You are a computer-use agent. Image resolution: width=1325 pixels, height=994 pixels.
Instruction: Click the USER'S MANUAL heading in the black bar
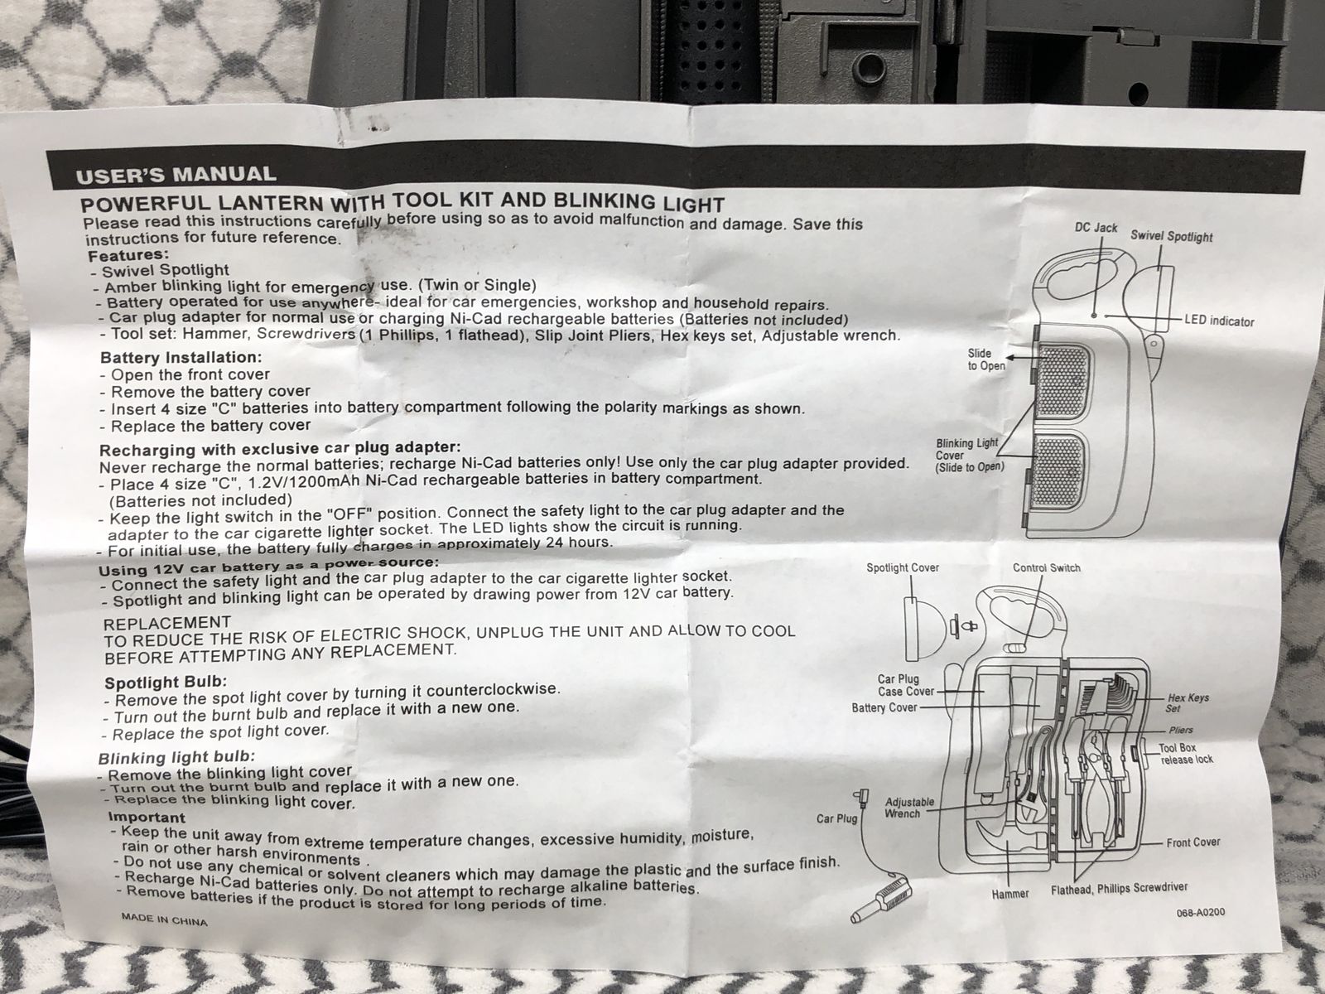(x=176, y=175)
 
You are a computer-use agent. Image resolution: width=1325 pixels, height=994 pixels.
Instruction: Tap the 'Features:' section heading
(x=128, y=254)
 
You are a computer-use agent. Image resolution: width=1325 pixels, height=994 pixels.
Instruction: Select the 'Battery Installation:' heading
(x=181, y=357)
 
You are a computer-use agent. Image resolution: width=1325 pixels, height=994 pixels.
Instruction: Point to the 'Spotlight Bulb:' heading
(x=166, y=683)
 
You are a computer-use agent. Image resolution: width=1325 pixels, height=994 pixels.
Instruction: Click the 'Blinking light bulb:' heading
(x=176, y=757)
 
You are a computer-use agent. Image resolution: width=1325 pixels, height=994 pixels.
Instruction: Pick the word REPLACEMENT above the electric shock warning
(x=167, y=622)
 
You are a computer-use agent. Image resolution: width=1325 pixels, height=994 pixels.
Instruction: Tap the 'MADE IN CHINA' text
(x=164, y=919)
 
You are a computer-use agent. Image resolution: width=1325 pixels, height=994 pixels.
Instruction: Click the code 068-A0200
(x=1200, y=912)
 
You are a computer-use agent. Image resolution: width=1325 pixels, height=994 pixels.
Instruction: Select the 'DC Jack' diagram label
(x=1096, y=228)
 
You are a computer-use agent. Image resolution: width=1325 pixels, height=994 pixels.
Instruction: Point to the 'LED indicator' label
(x=1219, y=321)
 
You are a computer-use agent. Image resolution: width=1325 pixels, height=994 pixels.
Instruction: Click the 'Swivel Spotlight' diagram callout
(x=1171, y=236)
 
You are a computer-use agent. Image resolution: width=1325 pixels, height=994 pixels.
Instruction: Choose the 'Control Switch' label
(x=1046, y=568)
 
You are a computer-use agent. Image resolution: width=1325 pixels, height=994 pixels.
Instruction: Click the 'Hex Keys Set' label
(x=1188, y=702)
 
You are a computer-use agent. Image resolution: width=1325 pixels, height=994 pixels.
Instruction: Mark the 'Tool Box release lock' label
(x=1186, y=754)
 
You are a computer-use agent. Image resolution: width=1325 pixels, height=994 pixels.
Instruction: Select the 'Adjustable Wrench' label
(x=909, y=808)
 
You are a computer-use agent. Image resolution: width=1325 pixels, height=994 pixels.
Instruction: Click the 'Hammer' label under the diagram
(x=1010, y=894)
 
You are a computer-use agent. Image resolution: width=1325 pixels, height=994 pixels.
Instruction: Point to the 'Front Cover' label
(x=1192, y=842)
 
